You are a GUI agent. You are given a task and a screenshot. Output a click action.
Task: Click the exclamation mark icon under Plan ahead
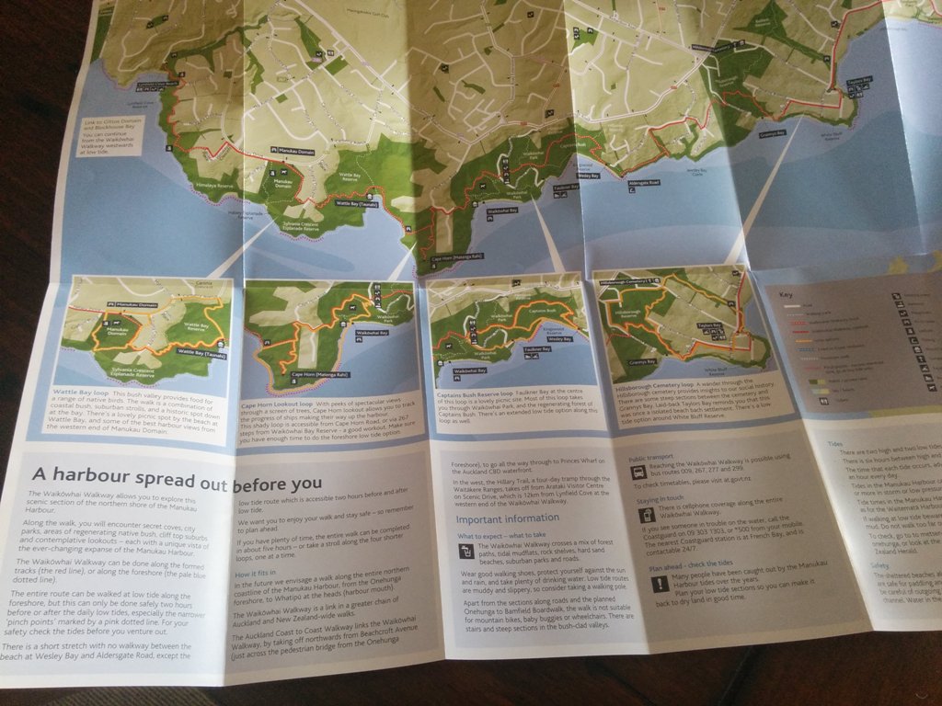(660, 584)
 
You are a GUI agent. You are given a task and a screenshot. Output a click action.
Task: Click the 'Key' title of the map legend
(786, 295)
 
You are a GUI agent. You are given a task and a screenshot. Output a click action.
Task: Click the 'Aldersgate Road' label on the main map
(643, 183)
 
